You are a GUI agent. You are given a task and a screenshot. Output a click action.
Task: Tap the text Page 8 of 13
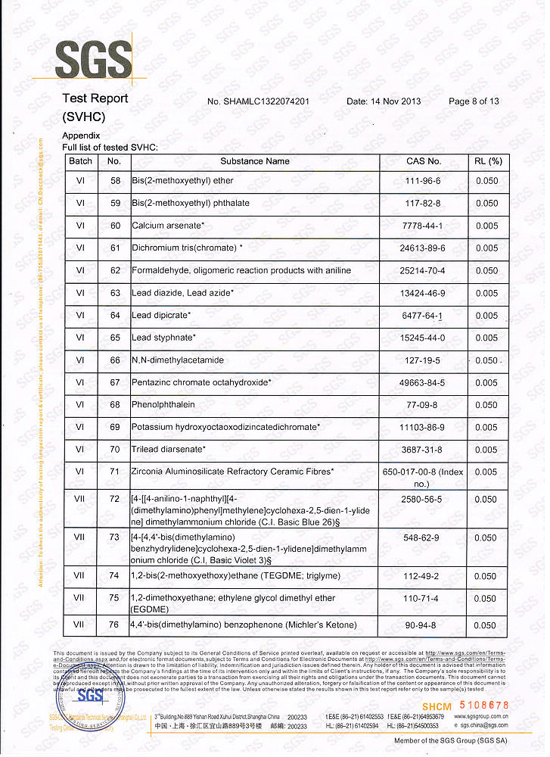pyautogui.click(x=474, y=101)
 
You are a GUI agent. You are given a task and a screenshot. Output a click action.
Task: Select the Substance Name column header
pyautogui.click(x=255, y=161)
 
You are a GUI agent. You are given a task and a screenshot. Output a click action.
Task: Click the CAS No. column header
pyautogui.click(x=424, y=161)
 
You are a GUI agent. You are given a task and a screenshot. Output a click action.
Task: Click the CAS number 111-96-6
pyautogui.click(x=423, y=181)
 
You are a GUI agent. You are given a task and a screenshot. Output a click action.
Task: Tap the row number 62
pyautogui.click(x=115, y=270)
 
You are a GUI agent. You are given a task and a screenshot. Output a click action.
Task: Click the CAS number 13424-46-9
pyautogui.click(x=423, y=293)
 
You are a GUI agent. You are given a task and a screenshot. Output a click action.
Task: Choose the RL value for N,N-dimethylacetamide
pyautogui.click(x=486, y=360)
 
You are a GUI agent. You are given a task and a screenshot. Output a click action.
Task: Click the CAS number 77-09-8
pyautogui.click(x=423, y=405)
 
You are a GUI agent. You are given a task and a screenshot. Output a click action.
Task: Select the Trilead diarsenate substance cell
pyautogui.click(x=169, y=450)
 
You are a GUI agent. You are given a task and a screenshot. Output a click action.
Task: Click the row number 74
pyautogui.click(x=115, y=576)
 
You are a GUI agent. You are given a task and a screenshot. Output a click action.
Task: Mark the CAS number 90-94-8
pyautogui.click(x=423, y=625)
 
